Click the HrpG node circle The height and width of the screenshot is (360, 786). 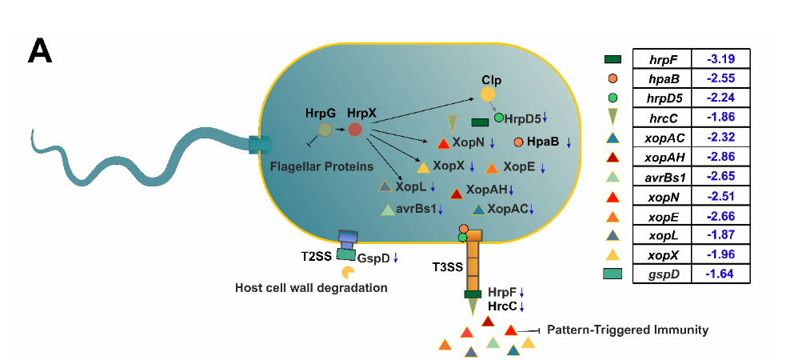(325, 130)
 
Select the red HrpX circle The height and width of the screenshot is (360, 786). (355, 129)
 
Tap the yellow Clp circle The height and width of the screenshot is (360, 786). (487, 94)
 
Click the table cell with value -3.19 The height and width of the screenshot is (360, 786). (720, 59)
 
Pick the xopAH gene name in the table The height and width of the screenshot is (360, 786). (662, 157)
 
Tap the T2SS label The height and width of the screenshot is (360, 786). (317, 257)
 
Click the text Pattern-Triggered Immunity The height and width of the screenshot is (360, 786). (628, 329)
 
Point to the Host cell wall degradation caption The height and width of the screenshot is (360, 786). (311, 287)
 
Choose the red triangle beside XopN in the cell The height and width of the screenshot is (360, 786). (444, 144)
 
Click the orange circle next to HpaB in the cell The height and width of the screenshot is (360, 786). (518, 142)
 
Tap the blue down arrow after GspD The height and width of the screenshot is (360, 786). (395, 258)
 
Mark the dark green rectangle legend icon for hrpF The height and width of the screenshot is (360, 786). (613, 59)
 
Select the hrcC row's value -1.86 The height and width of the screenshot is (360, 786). (720, 118)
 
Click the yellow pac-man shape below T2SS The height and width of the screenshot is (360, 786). (349, 273)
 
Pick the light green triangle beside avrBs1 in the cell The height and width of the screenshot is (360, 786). (389, 210)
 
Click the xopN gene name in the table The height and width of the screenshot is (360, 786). (662, 196)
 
